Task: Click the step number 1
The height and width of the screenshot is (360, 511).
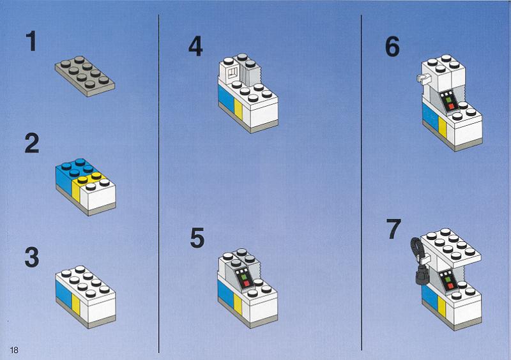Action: point(31,41)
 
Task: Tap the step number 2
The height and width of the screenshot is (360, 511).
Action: point(32,143)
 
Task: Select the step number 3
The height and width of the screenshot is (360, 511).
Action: point(32,257)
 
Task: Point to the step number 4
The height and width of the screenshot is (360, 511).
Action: point(195,46)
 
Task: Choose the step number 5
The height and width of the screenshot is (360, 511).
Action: point(197,237)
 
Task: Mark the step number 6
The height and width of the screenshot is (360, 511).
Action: point(392,47)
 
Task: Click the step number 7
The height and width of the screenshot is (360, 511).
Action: point(393,229)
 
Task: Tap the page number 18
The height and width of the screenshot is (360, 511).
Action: point(14,350)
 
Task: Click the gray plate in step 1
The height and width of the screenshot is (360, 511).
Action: point(85,76)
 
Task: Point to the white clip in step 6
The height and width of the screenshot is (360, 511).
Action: point(423,78)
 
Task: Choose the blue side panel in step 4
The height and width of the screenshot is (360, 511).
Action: point(226,97)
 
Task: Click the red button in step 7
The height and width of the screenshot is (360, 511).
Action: point(451,286)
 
